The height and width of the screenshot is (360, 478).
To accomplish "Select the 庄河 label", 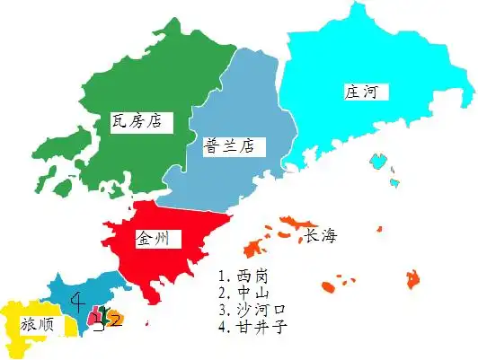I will coord(359,92).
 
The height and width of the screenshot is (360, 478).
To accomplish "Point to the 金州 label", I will coord(157,238).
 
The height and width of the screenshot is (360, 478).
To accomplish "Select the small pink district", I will coord(93,317).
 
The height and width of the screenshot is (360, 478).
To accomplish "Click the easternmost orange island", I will coord(414,278).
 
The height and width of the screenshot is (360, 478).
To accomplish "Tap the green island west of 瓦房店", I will coord(61,187).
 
